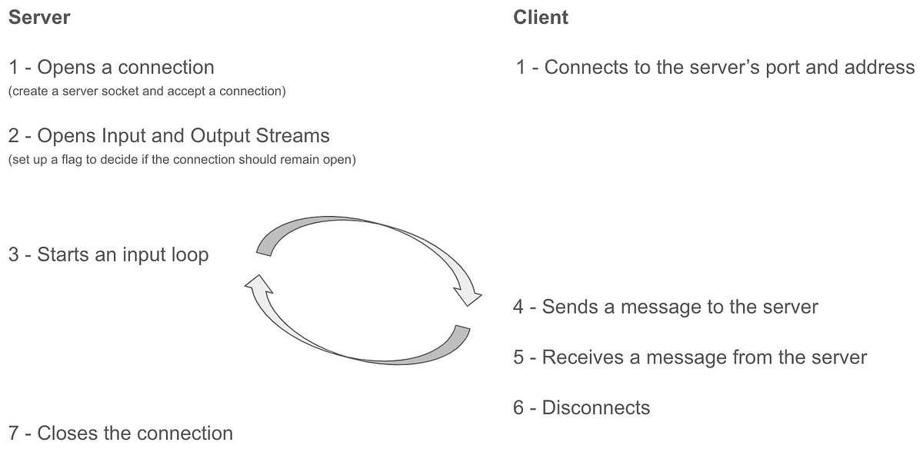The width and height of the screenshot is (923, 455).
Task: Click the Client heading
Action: tap(541, 17)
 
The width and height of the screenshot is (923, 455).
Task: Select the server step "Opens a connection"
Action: tap(112, 68)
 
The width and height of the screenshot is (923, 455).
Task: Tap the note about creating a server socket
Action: tap(147, 91)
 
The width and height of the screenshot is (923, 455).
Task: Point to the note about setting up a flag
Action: tap(182, 161)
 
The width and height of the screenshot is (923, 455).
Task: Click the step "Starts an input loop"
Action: tap(108, 254)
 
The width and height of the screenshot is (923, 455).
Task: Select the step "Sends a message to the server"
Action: tap(665, 307)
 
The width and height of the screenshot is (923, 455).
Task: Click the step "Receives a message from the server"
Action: tap(690, 357)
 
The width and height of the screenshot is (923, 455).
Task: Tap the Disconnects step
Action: tap(581, 407)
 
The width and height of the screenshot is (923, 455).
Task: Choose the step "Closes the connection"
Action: tap(121, 433)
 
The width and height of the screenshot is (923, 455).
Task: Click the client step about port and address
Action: tap(715, 68)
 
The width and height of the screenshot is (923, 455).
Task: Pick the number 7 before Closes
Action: tap(14, 433)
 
